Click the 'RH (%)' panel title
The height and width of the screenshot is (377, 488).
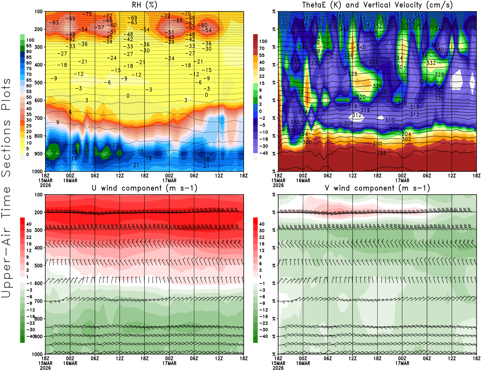coord(144,5)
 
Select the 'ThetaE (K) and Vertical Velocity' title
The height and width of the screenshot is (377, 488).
coord(377,5)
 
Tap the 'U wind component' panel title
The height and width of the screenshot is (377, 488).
coord(145,188)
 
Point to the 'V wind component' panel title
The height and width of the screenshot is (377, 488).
coord(377,188)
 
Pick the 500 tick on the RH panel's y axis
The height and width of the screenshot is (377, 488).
coord(39,83)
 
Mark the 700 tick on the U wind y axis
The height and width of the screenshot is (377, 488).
coord(39,301)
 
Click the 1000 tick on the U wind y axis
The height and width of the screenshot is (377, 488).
coord(37,354)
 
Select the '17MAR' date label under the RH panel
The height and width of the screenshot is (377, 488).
coord(169,180)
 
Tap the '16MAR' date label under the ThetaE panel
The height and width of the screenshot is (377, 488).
coord(303,180)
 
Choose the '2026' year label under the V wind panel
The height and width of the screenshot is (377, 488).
coord(278,368)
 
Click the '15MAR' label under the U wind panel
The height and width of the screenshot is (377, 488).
coord(45,363)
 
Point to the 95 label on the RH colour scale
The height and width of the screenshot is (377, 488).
coord(29,46)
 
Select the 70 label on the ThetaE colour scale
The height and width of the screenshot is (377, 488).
coord(262,48)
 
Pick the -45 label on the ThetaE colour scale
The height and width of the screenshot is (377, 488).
coord(263,153)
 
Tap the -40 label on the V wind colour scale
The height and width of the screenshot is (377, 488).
coord(263,336)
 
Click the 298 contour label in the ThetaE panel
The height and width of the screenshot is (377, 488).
coord(382,153)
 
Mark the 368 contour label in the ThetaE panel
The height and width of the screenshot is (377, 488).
coord(398,14)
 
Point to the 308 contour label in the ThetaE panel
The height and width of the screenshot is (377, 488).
coord(348,124)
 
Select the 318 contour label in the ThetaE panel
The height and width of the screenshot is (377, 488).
coord(402,103)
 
